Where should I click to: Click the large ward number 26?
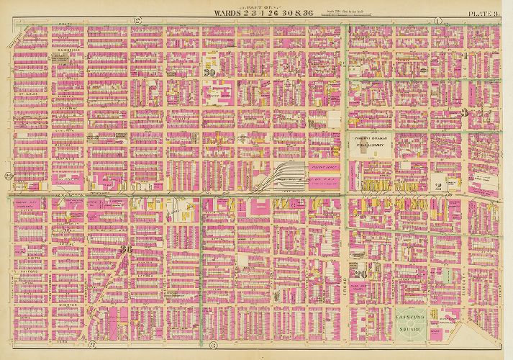pyautogui.click(x=361, y=273)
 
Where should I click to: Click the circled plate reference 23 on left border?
pyautogui.click(x=8, y=176)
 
